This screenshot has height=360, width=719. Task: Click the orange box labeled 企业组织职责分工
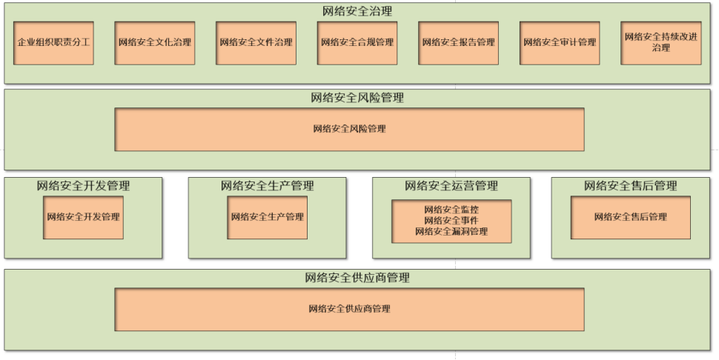point(53,43)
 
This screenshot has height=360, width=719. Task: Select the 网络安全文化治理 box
point(154,43)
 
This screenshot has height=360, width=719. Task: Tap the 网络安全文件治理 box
point(256,43)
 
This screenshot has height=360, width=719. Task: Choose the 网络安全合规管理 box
point(357,43)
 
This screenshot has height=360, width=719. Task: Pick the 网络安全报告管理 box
point(459,43)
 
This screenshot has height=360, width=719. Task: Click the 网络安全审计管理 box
point(560,43)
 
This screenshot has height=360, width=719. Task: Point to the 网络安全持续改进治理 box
point(660,43)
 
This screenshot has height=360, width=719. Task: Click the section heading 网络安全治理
point(357,11)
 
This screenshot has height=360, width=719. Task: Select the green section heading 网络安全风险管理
point(357,98)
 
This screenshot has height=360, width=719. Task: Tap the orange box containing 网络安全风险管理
point(349,129)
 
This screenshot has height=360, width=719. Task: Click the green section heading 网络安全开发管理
point(84,185)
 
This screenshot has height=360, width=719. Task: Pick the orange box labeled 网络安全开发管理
point(84,218)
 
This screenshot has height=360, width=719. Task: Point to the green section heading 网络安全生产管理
point(268,185)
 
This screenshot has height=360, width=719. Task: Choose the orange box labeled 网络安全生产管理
point(268,218)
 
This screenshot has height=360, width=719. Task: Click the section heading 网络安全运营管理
point(451,185)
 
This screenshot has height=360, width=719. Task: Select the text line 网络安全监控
point(451,210)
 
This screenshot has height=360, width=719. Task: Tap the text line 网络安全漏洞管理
point(451,232)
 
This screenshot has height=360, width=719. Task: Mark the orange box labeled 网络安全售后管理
point(631,218)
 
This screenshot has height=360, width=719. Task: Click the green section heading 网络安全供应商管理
point(357,278)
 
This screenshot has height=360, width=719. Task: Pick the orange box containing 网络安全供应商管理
point(349,309)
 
